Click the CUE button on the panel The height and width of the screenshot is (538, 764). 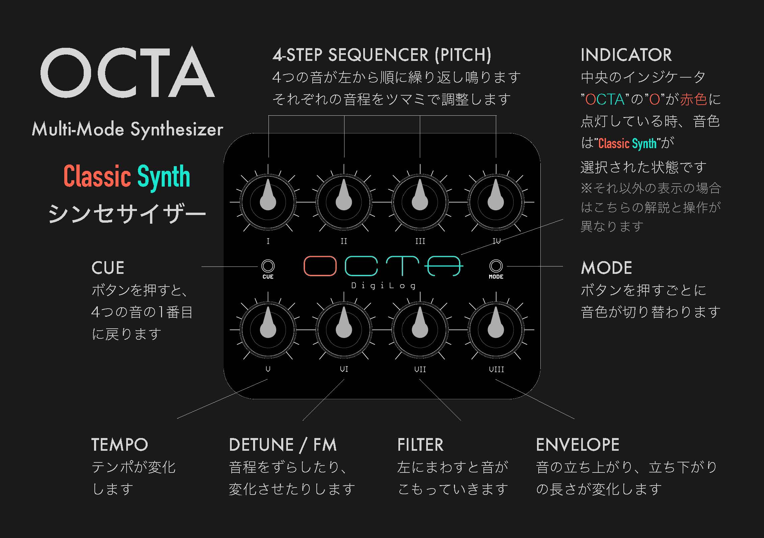coord(268,266)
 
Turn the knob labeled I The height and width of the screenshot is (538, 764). coord(268,202)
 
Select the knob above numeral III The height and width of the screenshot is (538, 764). coord(420,202)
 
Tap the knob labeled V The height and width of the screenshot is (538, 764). coord(268,330)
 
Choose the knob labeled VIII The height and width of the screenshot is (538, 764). coord(496,330)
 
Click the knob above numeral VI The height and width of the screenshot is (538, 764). coord(344,330)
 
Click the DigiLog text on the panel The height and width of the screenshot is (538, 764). coord(383,286)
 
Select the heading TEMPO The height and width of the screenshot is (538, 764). coord(120,445)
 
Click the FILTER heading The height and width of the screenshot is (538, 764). coord(421,445)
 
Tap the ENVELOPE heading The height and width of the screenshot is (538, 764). coord(578,445)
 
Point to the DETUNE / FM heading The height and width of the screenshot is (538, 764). coord(283,445)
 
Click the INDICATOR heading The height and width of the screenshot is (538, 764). coord(626,55)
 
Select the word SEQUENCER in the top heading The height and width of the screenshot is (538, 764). coord(378,55)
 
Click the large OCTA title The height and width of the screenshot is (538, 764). coord(128,72)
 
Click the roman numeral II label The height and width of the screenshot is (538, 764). coord(344,241)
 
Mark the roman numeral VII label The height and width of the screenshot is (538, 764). coord(420,369)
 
